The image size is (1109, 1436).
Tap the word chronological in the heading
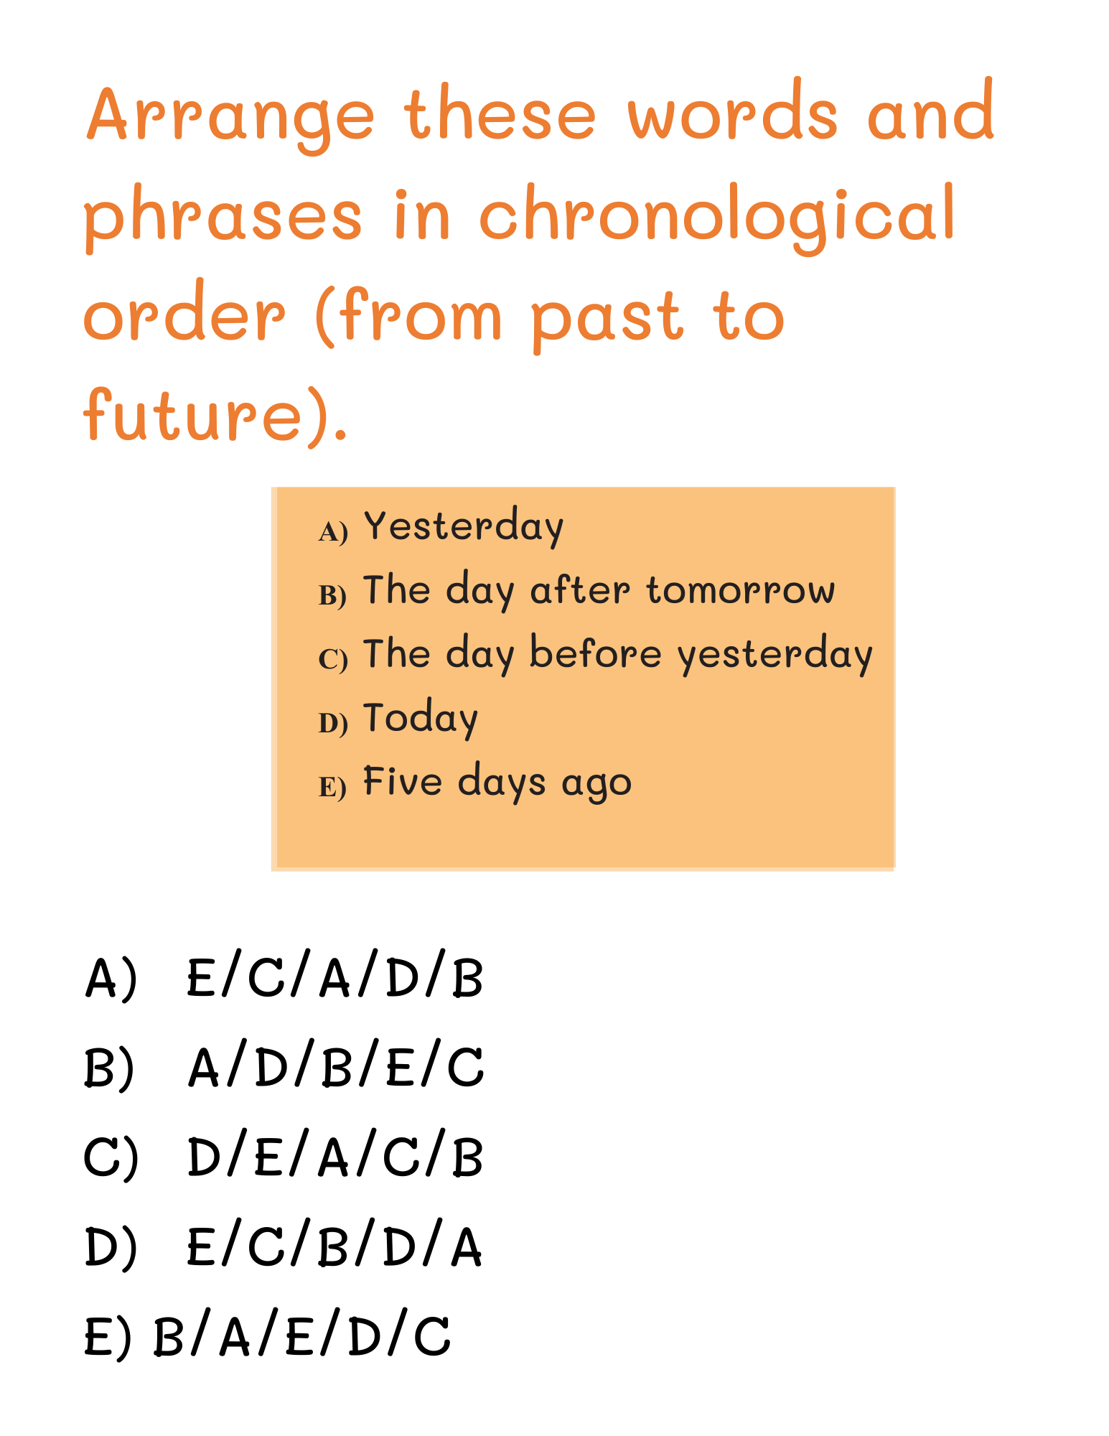point(717,215)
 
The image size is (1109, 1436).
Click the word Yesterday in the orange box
point(464,526)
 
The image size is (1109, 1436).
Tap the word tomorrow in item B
point(741,591)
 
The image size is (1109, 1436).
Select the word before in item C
point(595,653)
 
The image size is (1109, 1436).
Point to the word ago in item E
point(596,784)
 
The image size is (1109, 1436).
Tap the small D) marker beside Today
point(333,724)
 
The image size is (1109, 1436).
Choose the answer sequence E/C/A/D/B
point(335,977)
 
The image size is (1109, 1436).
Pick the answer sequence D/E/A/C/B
point(335,1157)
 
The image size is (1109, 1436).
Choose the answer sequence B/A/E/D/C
point(302,1335)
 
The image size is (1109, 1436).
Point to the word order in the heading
point(184,313)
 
